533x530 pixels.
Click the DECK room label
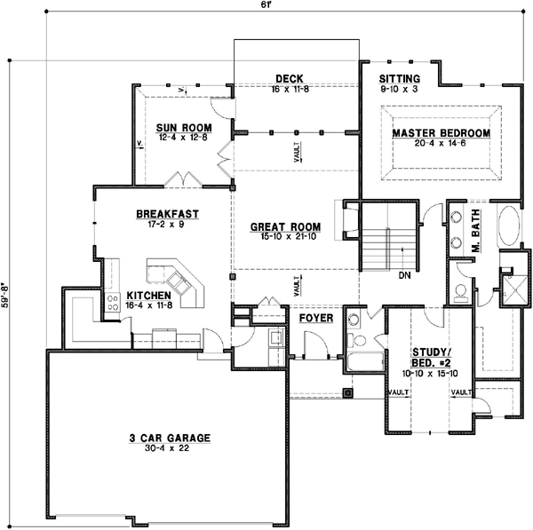point(290,78)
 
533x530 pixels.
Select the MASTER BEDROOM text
point(442,133)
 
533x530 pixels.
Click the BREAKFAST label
point(166,214)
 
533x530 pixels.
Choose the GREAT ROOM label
point(286,227)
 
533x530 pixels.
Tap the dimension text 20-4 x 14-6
point(442,144)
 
